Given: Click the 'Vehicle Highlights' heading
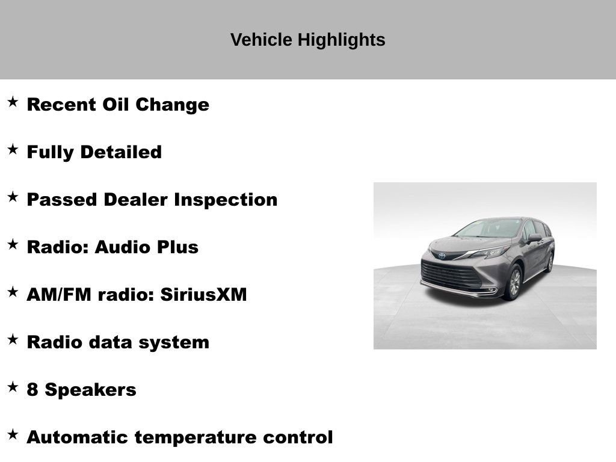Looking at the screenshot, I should (307, 40).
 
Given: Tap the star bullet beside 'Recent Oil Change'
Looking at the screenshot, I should (13, 102).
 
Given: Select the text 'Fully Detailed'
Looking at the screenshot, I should (94, 152).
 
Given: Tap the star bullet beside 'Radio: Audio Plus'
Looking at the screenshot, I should (13, 244).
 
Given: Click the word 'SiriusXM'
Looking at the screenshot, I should (203, 295).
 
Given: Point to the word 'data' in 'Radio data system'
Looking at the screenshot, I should (111, 342).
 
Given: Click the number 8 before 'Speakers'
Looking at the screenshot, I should (32, 390).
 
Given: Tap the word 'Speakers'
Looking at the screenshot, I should (90, 390).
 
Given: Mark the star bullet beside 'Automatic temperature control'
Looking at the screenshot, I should (13, 434).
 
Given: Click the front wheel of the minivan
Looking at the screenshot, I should (513, 283).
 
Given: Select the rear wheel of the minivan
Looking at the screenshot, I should (549, 262).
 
